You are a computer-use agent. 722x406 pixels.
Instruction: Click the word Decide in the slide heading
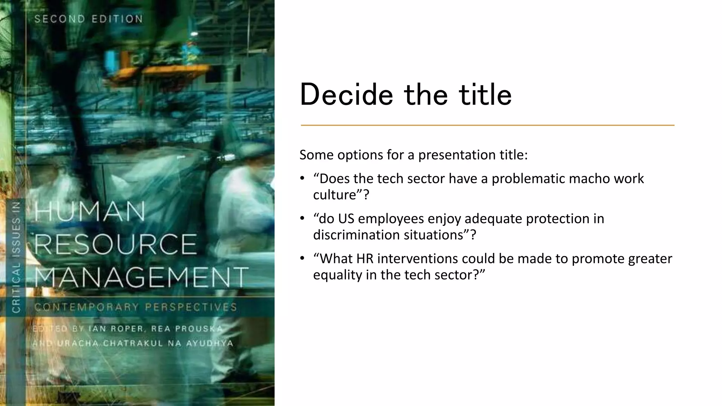(346, 94)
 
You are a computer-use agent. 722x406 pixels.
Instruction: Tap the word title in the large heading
(485, 94)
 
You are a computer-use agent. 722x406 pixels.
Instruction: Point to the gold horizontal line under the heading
(487, 125)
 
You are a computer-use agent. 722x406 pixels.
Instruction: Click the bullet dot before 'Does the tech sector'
(302, 178)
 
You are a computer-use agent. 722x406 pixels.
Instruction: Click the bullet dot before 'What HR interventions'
(302, 258)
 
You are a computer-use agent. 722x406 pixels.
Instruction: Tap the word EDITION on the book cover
(117, 19)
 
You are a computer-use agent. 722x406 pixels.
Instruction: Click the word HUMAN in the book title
(90, 211)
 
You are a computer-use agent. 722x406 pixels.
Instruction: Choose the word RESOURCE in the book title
(116, 244)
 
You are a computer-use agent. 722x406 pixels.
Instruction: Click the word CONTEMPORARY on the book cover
(87, 307)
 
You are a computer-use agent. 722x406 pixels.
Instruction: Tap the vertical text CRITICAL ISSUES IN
(16, 257)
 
